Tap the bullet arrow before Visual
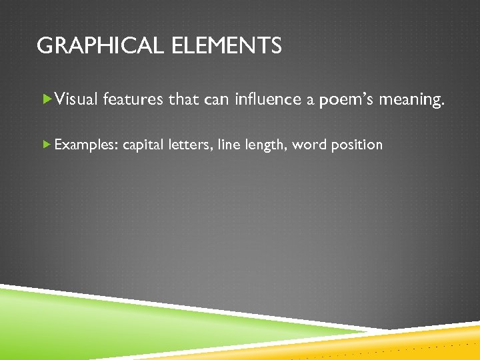pyautogui.click(x=46, y=99)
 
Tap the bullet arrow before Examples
pyautogui.click(x=46, y=144)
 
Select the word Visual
pyautogui.click(x=77, y=99)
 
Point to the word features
pyautogui.click(x=133, y=99)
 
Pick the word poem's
pyautogui.click(x=347, y=99)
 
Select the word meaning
pyautogui.click(x=411, y=100)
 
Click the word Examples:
pyautogui.click(x=87, y=145)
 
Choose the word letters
pyautogui.click(x=189, y=145)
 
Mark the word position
pyautogui.click(x=356, y=145)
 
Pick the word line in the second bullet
pyautogui.click(x=229, y=145)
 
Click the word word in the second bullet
pyautogui.click(x=309, y=145)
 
